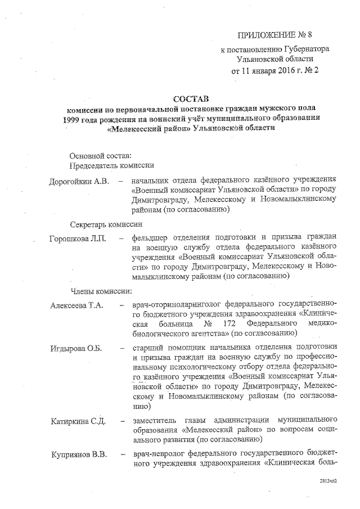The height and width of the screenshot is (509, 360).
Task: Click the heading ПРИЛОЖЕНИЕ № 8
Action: (274, 34)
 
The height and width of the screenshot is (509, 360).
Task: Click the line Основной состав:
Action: (100, 155)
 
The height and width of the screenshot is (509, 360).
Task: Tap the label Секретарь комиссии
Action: (107, 223)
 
